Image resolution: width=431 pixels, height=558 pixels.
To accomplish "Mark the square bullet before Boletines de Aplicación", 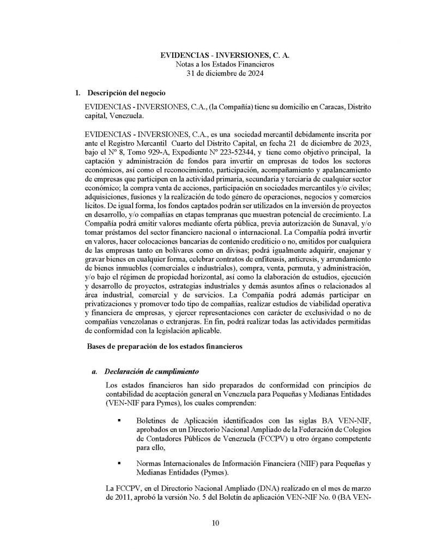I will pyautogui.click(x=118, y=421).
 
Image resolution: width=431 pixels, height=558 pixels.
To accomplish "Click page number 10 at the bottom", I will pyautogui.click(x=216, y=524).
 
